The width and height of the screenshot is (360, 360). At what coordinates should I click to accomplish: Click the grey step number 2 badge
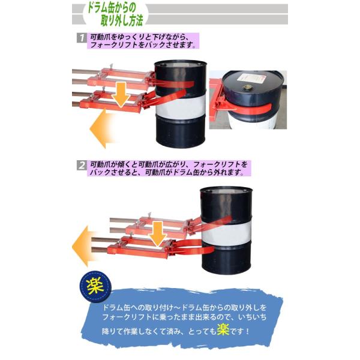tap(82, 166)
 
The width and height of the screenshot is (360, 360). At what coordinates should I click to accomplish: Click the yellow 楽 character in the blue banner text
tap(223, 329)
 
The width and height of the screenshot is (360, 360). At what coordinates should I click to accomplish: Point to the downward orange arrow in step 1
tap(121, 95)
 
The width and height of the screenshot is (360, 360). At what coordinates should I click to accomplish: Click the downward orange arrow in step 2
tap(157, 234)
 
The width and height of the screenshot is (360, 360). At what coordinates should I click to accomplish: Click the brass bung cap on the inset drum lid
tap(247, 87)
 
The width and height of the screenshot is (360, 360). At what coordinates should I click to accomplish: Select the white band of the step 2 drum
tap(226, 233)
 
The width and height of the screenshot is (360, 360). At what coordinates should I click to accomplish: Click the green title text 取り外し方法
tap(122, 20)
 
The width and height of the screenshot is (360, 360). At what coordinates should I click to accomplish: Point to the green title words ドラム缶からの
tap(112, 8)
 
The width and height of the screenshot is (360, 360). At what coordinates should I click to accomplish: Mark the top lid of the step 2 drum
tap(226, 190)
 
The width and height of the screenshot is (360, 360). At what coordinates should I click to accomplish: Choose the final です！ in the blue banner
tap(239, 331)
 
